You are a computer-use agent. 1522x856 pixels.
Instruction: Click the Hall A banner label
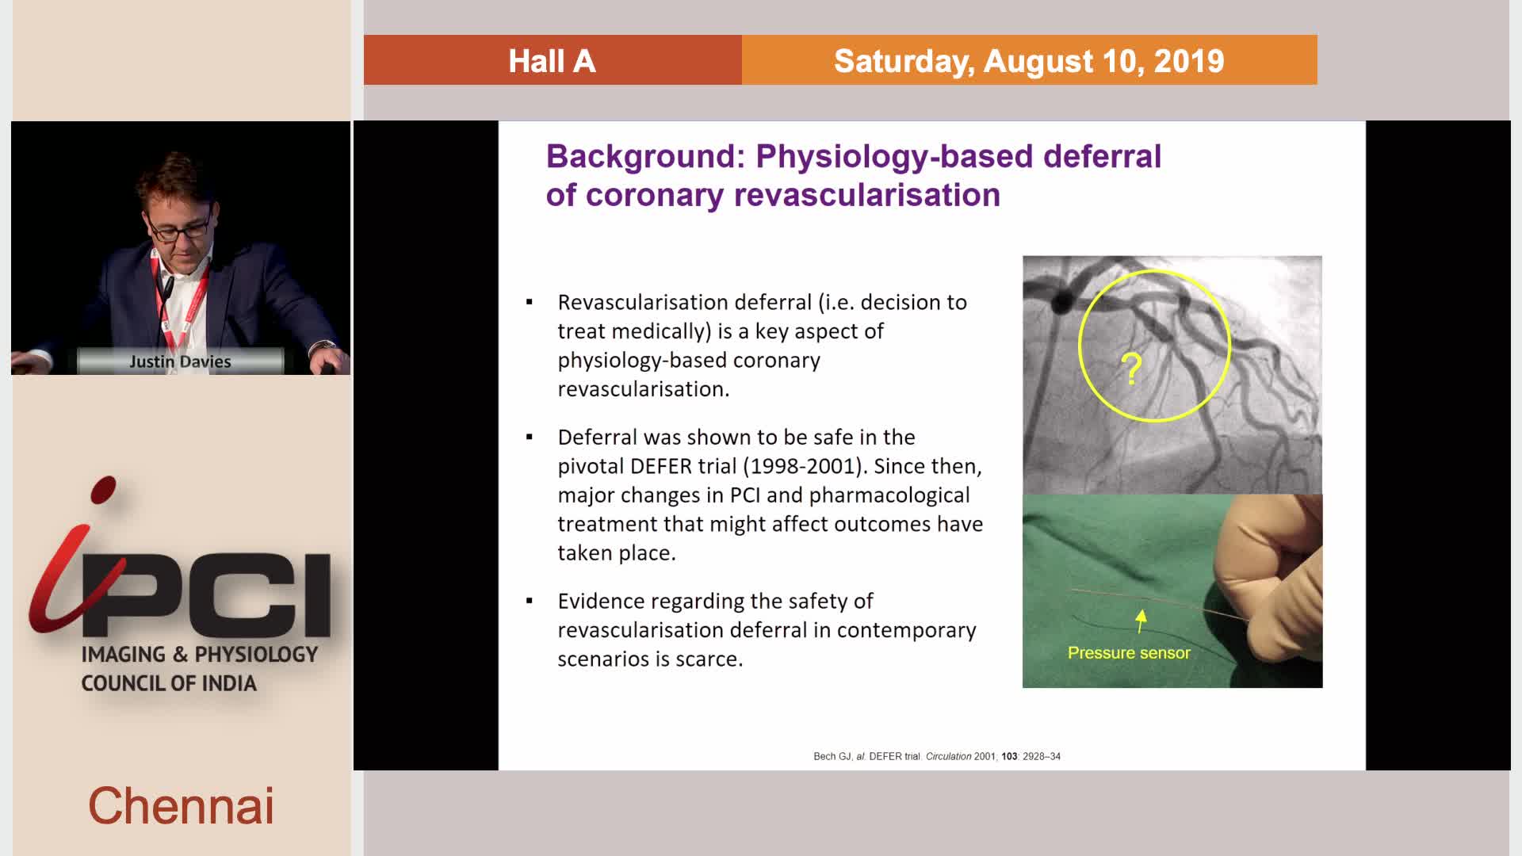pyautogui.click(x=552, y=61)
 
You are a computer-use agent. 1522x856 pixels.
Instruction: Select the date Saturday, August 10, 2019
pyautogui.click(x=1029, y=61)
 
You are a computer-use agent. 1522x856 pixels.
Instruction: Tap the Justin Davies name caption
pyautogui.click(x=180, y=361)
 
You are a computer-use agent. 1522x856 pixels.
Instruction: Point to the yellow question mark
pyautogui.click(x=1131, y=369)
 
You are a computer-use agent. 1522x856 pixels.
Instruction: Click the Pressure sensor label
pyautogui.click(x=1129, y=653)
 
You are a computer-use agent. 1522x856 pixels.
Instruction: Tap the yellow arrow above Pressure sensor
pyautogui.click(x=1141, y=621)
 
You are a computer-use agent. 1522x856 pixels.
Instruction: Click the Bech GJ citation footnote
pyautogui.click(x=937, y=756)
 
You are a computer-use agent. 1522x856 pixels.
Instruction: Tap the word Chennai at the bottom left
pyautogui.click(x=181, y=806)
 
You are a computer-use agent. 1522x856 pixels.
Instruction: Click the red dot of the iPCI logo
pyautogui.click(x=104, y=490)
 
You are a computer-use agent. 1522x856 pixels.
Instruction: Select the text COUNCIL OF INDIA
pyautogui.click(x=169, y=683)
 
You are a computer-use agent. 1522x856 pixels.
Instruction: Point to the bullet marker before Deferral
pyautogui.click(x=530, y=437)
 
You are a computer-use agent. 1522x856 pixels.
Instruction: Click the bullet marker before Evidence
pyautogui.click(x=530, y=601)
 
